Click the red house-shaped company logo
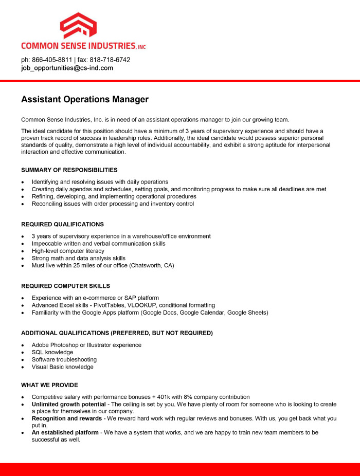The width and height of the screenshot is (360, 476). [x=78, y=25]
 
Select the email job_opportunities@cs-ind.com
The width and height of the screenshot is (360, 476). [x=67, y=68]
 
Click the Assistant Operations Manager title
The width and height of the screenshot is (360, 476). [x=85, y=99]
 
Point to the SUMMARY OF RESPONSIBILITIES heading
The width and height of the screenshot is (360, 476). [x=69, y=170]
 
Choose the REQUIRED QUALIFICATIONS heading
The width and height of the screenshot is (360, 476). [x=62, y=225]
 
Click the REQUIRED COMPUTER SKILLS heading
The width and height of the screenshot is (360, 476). [x=65, y=286]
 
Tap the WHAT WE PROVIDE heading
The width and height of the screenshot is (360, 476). [x=50, y=385]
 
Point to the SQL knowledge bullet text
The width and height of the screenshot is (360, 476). [x=52, y=353]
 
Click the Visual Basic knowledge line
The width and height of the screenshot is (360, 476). [x=63, y=367]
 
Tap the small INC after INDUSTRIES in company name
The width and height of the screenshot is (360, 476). [x=142, y=47]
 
